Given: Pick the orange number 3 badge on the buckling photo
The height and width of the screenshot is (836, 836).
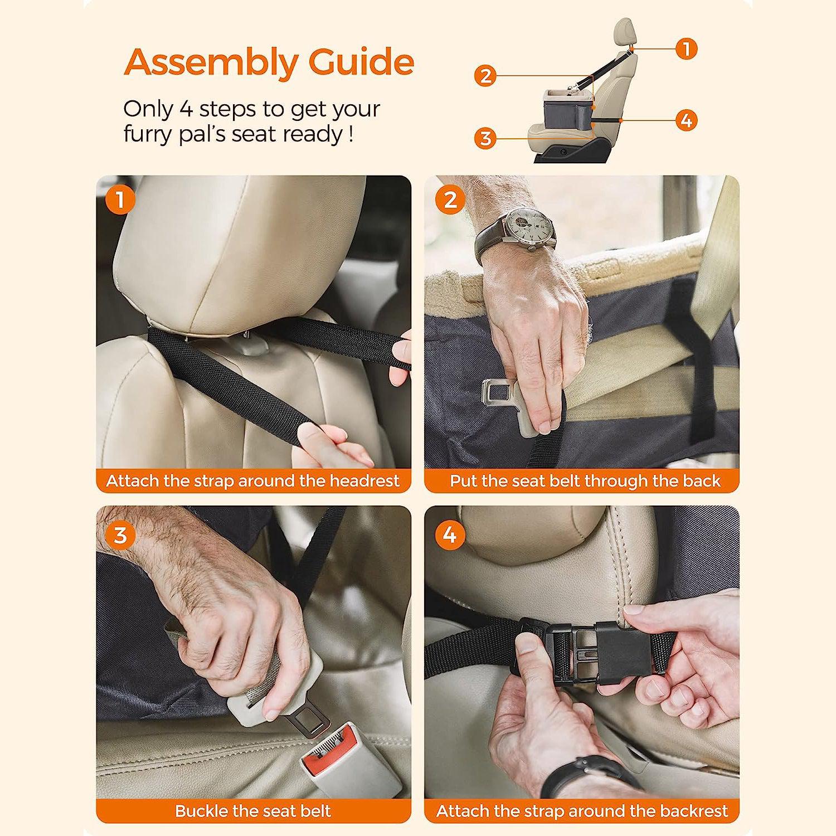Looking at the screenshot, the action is [120, 536].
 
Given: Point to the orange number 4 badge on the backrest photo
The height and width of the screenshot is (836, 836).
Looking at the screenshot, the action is [449, 536].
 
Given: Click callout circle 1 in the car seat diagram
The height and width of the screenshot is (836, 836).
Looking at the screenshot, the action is [687, 48].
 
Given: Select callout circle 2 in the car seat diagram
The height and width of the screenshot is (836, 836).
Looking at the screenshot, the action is [485, 75].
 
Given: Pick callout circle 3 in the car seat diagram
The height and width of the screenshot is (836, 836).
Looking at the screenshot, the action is [485, 138].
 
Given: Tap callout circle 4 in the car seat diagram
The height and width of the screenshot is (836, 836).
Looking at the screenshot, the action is [687, 120].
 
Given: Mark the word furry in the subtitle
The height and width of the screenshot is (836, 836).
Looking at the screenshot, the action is [148, 134].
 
